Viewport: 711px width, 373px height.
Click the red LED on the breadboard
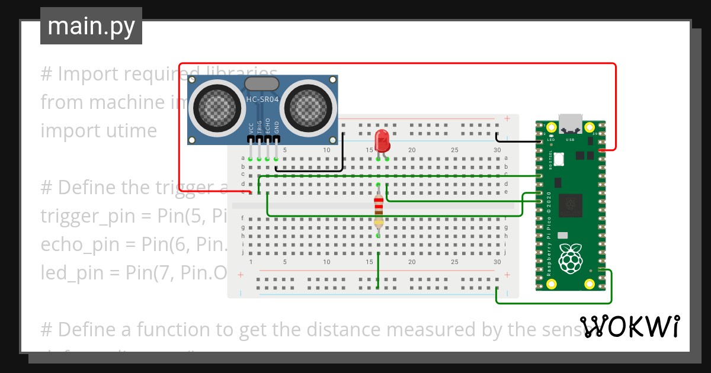coord(382,140)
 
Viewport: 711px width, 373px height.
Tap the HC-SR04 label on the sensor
coord(262,99)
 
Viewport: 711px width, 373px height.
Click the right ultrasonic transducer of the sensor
coord(310,107)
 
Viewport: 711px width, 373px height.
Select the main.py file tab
coord(91,26)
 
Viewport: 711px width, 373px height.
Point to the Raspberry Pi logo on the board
coord(571,258)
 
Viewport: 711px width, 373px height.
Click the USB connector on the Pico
coord(571,122)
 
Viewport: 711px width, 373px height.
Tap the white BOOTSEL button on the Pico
coord(559,158)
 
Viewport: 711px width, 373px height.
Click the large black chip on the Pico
coord(571,205)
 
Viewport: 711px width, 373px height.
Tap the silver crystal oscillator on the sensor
coord(261,84)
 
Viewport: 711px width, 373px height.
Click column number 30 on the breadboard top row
coord(497,150)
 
